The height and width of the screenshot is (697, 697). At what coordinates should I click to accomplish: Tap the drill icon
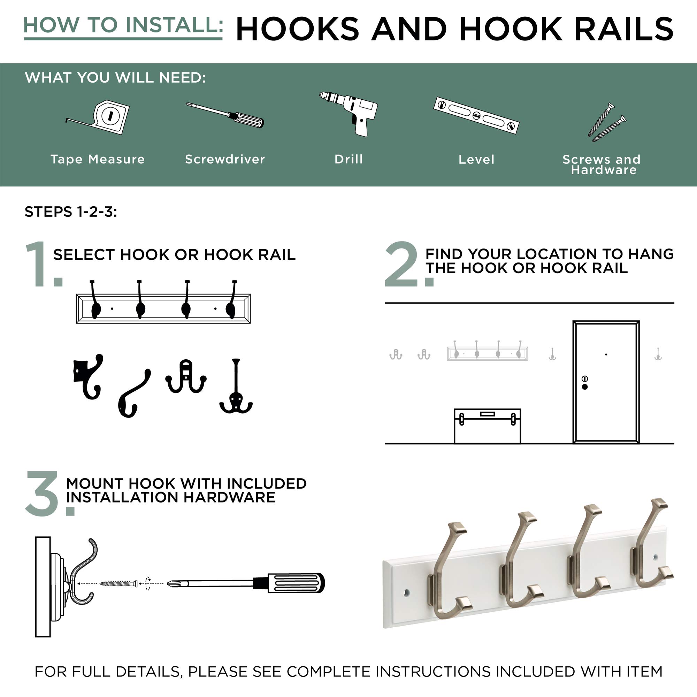(x=352, y=112)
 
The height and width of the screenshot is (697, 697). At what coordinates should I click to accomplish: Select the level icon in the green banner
(x=476, y=115)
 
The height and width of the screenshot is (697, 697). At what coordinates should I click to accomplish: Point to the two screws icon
(x=606, y=122)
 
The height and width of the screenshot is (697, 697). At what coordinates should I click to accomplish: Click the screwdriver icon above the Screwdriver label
(x=225, y=115)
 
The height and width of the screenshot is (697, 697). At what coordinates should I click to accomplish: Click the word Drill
(x=348, y=159)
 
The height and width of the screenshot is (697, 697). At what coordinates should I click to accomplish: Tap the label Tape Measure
(x=98, y=159)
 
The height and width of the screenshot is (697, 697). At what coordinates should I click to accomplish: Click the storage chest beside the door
(x=488, y=426)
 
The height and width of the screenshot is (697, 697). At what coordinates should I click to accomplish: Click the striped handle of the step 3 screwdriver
(x=296, y=583)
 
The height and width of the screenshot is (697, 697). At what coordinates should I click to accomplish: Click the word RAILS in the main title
(x=624, y=29)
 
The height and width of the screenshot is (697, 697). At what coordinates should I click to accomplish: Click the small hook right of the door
(x=658, y=354)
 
